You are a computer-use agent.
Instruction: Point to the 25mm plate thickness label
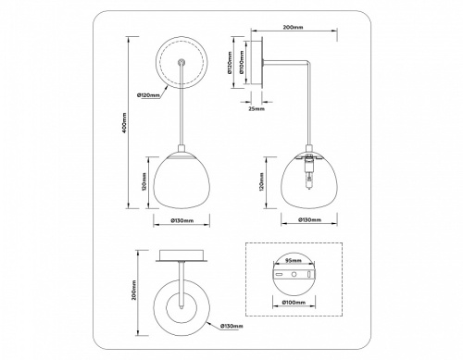click(x=257, y=109)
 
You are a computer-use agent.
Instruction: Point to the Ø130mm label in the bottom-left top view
click(x=231, y=327)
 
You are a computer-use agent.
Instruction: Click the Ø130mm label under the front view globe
click(x=181, y=220)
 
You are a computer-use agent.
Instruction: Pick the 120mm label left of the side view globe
click(x=262, y=180)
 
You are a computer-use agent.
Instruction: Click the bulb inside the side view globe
click(x=307, y=173)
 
